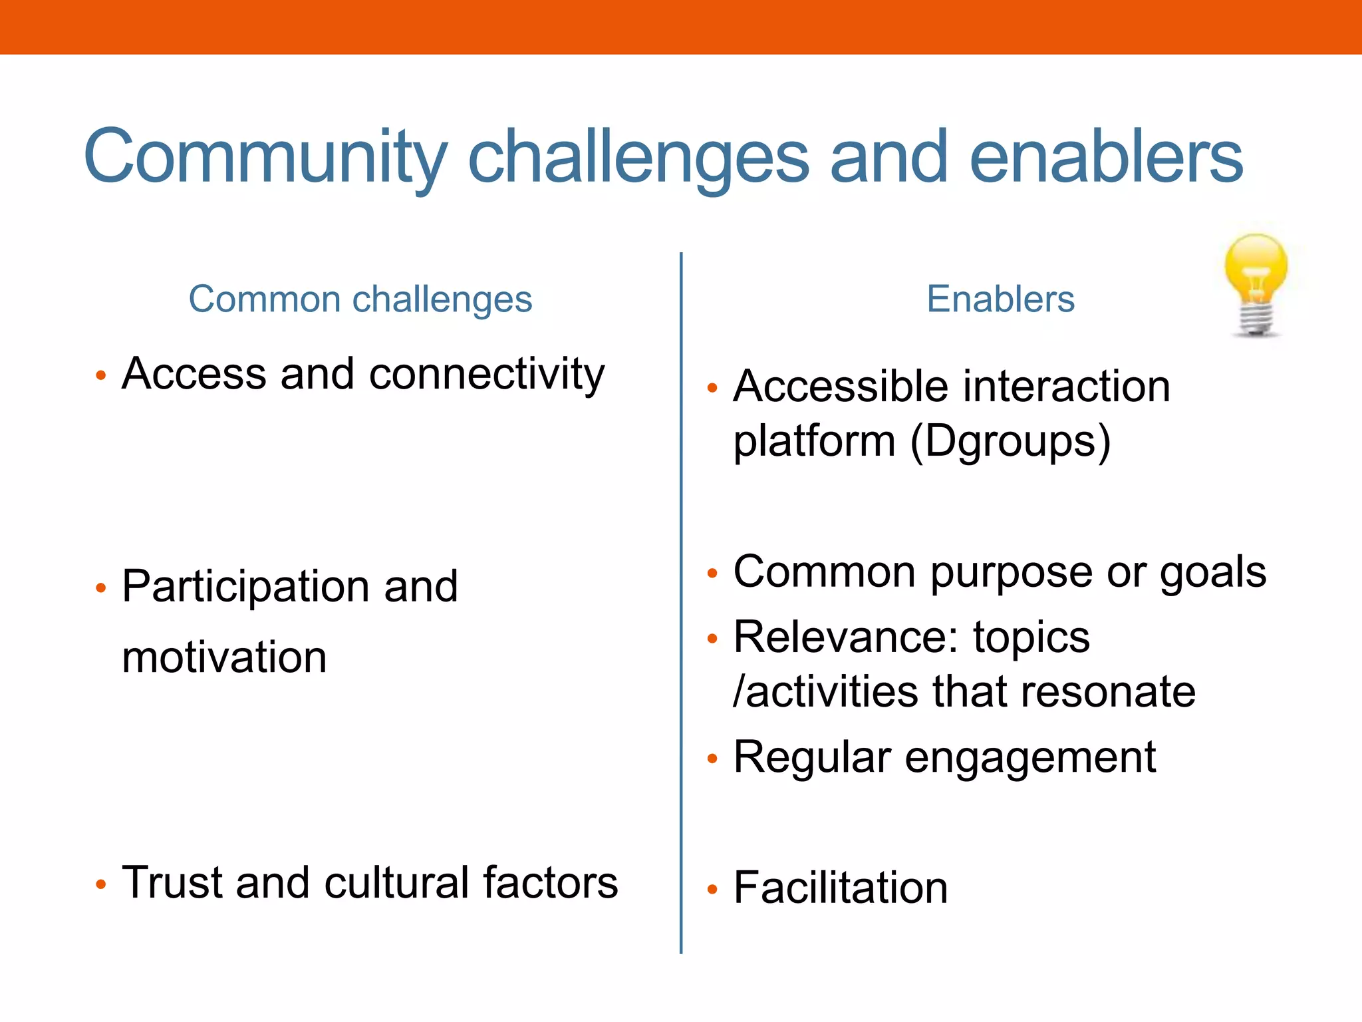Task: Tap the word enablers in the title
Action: (1105, 157)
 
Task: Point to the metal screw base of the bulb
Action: (1256, 319)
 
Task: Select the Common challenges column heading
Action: (360, 299)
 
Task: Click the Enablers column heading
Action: (1000, 299)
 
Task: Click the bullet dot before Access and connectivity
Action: (101, 376)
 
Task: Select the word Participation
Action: (244, 588)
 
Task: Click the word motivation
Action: (224, 657)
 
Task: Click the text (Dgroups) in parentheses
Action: (1010, 442)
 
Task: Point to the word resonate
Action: (1107, 692)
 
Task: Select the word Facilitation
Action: (841, 888)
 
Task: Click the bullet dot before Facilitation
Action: (712, 890)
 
